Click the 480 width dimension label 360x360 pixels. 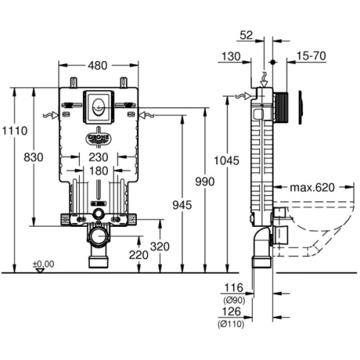[97, 66]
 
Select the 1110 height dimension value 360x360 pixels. [15, 131]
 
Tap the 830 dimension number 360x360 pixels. [34, 158]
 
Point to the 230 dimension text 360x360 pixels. [99, 158]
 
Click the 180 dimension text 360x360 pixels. [99, 171]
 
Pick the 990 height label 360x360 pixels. [204, 181]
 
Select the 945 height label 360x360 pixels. [182, 205]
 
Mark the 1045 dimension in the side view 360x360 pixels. [227, 161]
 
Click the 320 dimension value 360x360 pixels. [160, 246]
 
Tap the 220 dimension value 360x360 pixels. [138, 255]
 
